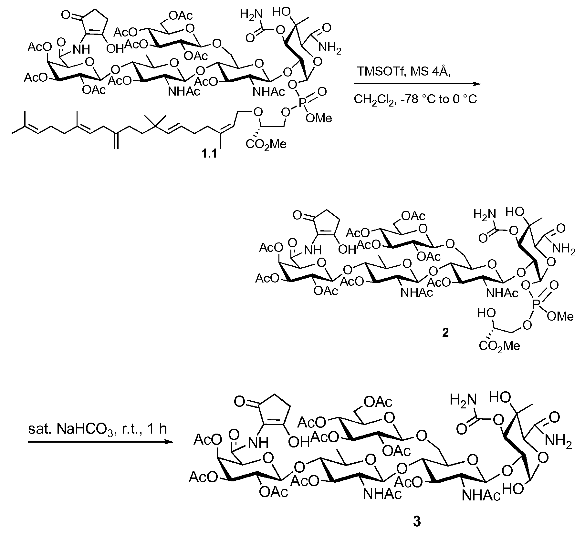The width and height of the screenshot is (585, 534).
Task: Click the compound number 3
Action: [x=417, y=522]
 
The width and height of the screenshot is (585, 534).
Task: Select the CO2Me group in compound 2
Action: [x=500, y=346]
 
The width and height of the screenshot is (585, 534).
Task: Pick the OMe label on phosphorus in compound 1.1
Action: [x=319, y=118]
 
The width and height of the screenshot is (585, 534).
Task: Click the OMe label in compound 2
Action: [x=560, y=316]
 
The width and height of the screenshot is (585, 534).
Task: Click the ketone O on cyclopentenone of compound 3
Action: [x=239, y=402]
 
